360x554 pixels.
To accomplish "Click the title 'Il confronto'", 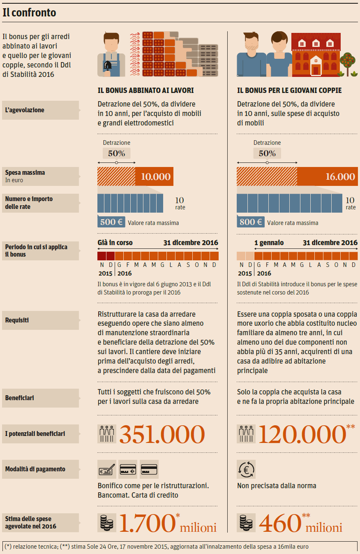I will [29, 13].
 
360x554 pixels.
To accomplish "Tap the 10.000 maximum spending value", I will [156, 177].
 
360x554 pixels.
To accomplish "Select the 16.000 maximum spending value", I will [340, 177].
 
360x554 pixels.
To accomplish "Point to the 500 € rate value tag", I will [111, 222].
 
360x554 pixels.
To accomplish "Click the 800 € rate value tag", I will [251, 222].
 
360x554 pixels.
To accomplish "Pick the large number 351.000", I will [162, 434].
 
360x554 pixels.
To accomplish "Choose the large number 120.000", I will [301, 434].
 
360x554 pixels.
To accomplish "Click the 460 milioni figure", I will [300, 523].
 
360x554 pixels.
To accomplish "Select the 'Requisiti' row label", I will [17, 320].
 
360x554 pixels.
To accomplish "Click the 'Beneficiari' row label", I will [20, 398].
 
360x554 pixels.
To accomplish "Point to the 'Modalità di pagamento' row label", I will [35, 469].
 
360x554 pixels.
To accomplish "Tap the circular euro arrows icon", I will [246, 469].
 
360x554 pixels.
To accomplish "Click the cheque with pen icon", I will [106, 469].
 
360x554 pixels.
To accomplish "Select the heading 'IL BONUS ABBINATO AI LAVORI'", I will [145, 90].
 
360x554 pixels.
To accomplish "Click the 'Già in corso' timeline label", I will [115, 243].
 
